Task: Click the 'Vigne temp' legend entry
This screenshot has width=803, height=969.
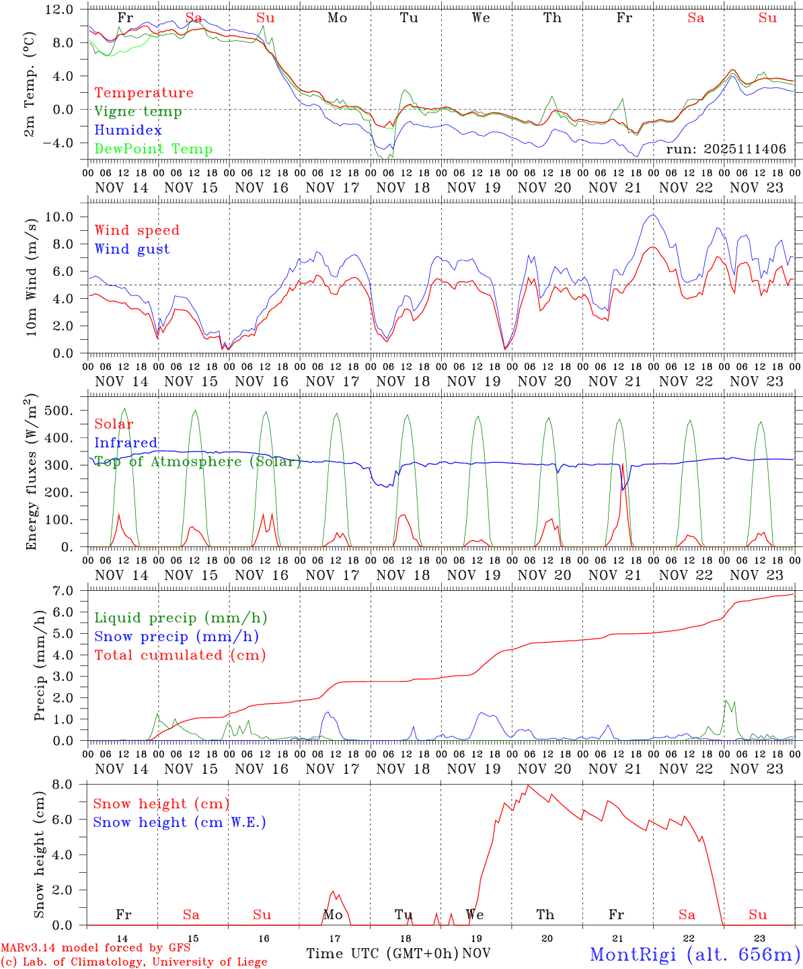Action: click(138, 112)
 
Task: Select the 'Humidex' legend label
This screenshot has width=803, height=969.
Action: click(118, 131)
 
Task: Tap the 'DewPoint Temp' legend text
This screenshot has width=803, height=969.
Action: click(153, 149)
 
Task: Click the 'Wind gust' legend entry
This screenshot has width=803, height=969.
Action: click(132, 249)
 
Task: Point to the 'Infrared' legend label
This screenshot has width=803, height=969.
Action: click(126, 443)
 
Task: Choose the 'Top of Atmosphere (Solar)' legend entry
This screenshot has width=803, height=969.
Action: click(198, 462)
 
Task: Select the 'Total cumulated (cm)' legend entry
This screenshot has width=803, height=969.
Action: click(180, 655)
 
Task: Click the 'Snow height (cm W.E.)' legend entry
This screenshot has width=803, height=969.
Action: click(180, 822)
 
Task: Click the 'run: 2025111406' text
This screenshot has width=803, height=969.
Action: click(726, 149)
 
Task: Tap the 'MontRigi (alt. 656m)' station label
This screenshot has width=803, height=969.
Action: click(695, 954)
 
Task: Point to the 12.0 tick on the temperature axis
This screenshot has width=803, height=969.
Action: click(68, 10)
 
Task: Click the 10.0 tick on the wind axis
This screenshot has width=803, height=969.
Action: click(68, 217)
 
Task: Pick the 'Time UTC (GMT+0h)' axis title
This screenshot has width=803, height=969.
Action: click(382, 954)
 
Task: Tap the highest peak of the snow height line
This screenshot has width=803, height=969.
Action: click(528, 785)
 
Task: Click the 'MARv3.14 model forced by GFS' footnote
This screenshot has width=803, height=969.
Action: click(95, 948)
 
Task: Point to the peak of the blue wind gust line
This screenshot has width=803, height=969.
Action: click(652, 215)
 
